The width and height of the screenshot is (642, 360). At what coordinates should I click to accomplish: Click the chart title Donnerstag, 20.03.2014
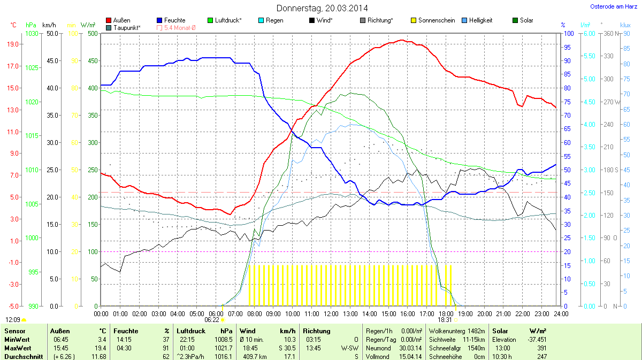pos(322,8)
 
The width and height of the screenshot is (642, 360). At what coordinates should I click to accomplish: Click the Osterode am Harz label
pos(613,6)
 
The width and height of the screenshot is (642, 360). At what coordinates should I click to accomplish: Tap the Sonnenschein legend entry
pos(437,20)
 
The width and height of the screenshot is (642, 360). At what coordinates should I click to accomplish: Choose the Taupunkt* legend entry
pos(127,27)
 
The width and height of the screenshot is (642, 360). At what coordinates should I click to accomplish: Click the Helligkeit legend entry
pos(480,20)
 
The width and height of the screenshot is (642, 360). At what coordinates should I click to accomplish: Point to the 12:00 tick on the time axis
pos(331,313)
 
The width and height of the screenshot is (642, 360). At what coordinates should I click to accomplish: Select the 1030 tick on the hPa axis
pos(32,33)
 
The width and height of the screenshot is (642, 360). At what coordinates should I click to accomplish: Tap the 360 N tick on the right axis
pos(609,33)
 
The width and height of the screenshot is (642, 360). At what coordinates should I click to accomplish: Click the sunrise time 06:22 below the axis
pos(212,319)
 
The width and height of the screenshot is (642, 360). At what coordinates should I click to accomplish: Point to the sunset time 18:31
pos(445,319)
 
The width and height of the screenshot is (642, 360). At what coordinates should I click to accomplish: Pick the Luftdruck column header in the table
pos(191,331)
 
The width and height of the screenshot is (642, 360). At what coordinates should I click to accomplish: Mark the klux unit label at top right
pos(625,25)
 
